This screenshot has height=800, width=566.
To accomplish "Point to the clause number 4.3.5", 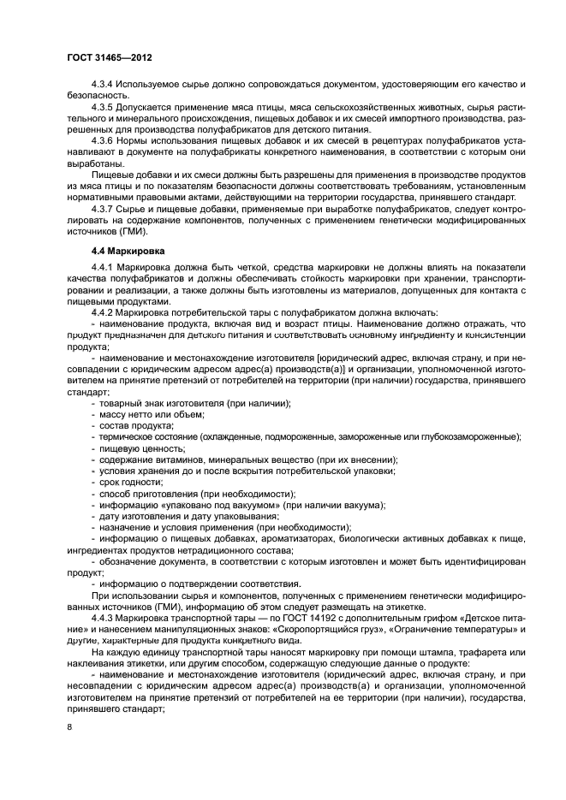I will click(x=105, y=106).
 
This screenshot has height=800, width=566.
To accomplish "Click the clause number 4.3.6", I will click(x=105, y=139).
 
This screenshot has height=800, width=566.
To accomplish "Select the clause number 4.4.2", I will click(x=105, y=314).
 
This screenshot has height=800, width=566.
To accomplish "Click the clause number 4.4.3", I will click(x=105, y=616).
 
